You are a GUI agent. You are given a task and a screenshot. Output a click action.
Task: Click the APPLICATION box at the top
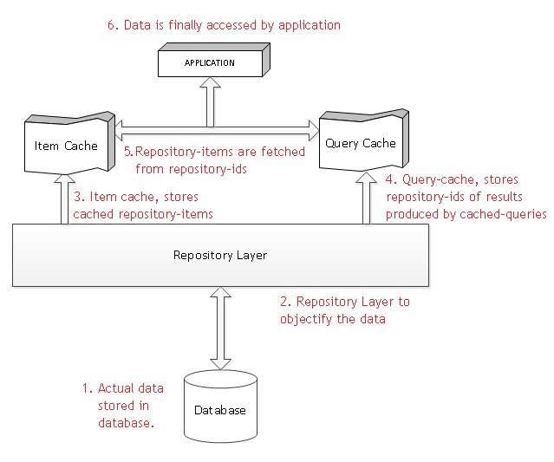click(209, 63)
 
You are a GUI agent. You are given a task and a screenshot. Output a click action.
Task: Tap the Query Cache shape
click(360, 143)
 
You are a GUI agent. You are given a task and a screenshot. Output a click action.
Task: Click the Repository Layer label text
click(220, 255)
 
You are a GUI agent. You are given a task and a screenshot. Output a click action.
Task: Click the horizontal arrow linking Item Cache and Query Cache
click(217, 133)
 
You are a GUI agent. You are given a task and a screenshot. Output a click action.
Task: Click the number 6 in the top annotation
click(111, 25)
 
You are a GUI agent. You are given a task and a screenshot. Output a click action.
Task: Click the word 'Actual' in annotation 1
click(114, 388)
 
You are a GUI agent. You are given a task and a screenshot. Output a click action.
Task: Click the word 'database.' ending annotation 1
click(126, 423)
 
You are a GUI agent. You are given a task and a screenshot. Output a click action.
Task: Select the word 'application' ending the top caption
click(310, 25)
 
